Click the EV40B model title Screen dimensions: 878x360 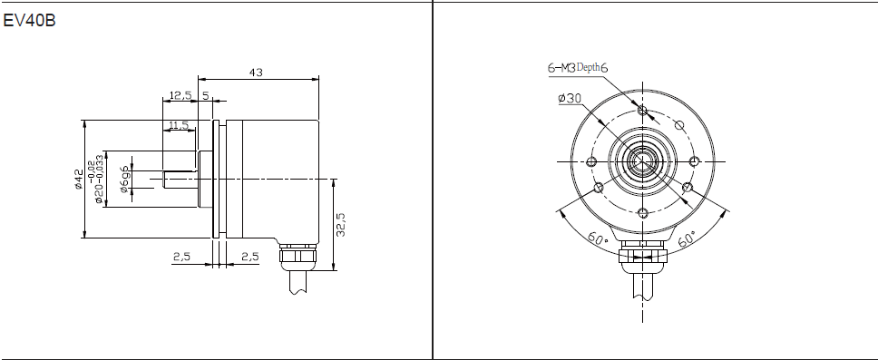(x=29, y=21)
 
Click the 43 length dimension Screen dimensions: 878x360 (x=256, y=73)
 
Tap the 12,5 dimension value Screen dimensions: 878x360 (x=180, y=96)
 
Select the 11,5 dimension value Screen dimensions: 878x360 (x=179, y=125)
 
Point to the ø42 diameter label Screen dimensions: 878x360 (x=79, y=180)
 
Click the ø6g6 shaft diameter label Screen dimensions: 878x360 (x=124, y=180)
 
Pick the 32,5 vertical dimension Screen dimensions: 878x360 (x=340, y=224)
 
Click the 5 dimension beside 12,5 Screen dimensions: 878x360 (x=206, y=96)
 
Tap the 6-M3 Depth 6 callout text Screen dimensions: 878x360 (x=578, y=68)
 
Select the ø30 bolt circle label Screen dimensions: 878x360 (x=570, y=99)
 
